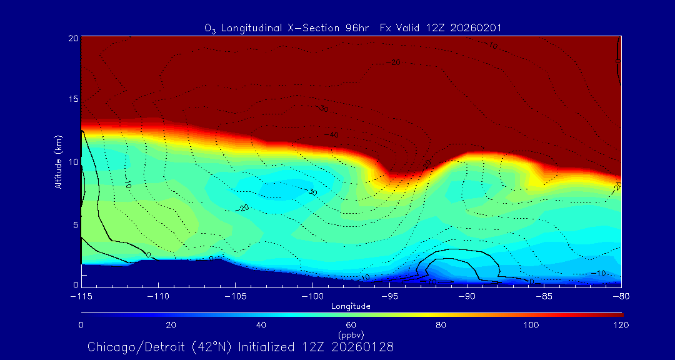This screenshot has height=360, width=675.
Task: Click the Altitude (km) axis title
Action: click(57, 162)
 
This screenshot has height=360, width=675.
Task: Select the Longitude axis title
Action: click(351, 306)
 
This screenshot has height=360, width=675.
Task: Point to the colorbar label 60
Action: click(351, 325)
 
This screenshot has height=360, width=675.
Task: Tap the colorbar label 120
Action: click(621, 325)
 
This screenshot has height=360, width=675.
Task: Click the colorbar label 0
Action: click(81, 325)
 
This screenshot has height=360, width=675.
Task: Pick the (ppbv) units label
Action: click(351, 334)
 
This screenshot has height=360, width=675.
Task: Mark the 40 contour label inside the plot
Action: click(334, 135)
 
